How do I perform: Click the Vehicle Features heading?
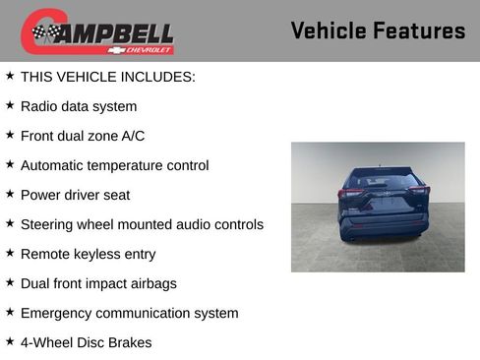coord(378,30)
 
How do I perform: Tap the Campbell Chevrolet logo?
coord(97,32)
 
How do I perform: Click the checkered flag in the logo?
coord(45,32)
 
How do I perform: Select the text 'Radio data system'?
coord(79,106)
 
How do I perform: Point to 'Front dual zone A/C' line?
coord(83,136)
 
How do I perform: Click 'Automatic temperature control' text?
coord(114,165)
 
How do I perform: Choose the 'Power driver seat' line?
coord(75,195)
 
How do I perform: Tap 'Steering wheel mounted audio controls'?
coord(142,224)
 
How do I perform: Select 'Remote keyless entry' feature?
coord(88,254)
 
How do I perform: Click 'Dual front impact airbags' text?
coord(98,283)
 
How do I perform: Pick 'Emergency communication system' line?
coord(129,313)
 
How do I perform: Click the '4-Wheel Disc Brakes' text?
coord(86,342)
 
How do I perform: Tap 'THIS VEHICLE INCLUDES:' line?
coord(107,77)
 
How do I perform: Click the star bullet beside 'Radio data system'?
coord(10,104)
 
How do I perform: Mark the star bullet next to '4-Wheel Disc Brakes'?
coord(10,340)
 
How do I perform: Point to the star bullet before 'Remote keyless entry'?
coord(10,252)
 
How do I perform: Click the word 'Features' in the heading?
coord(419,30)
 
